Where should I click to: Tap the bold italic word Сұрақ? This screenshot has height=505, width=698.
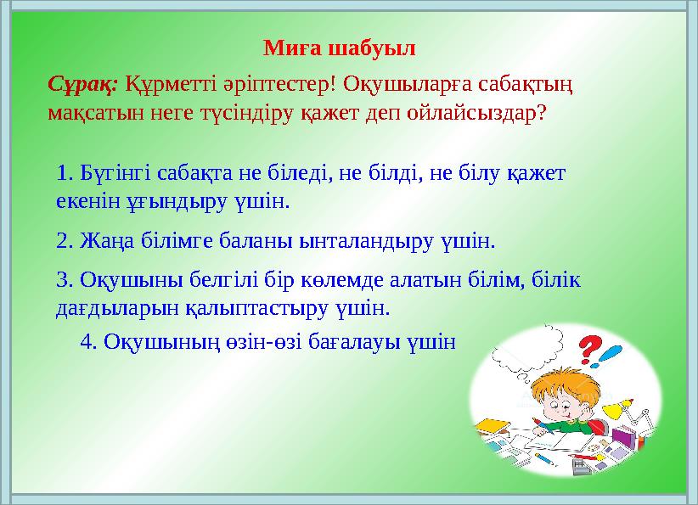tap(84, 85)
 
